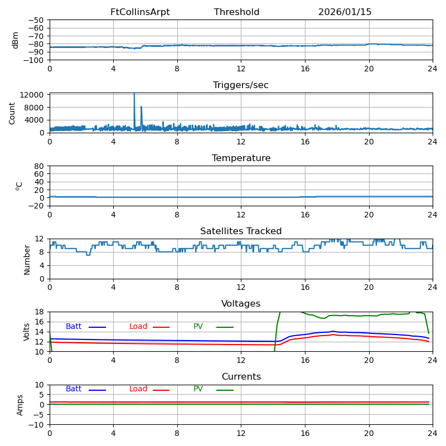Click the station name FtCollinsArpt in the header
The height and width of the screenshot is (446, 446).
coord(140,12)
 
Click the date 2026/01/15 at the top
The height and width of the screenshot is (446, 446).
coord(345,12)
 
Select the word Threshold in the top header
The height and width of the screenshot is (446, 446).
coord(236,12)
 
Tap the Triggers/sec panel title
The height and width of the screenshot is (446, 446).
coord(241,85)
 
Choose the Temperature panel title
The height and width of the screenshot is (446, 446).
coord(241,158)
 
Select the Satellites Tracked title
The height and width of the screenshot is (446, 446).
coord(241,231)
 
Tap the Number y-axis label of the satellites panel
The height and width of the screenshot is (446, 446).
coord(27,259)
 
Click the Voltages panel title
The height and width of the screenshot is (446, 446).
coord(241,304)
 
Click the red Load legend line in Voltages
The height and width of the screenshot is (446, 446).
coord(161,327)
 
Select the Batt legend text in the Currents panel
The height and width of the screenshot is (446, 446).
coord(74,389)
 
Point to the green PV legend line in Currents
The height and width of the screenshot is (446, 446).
coord(225,390)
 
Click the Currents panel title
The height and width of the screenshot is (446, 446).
coord(241,377)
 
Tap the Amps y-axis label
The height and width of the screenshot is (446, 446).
coord(21,405)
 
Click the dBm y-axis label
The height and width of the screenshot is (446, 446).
coord(16,40)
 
